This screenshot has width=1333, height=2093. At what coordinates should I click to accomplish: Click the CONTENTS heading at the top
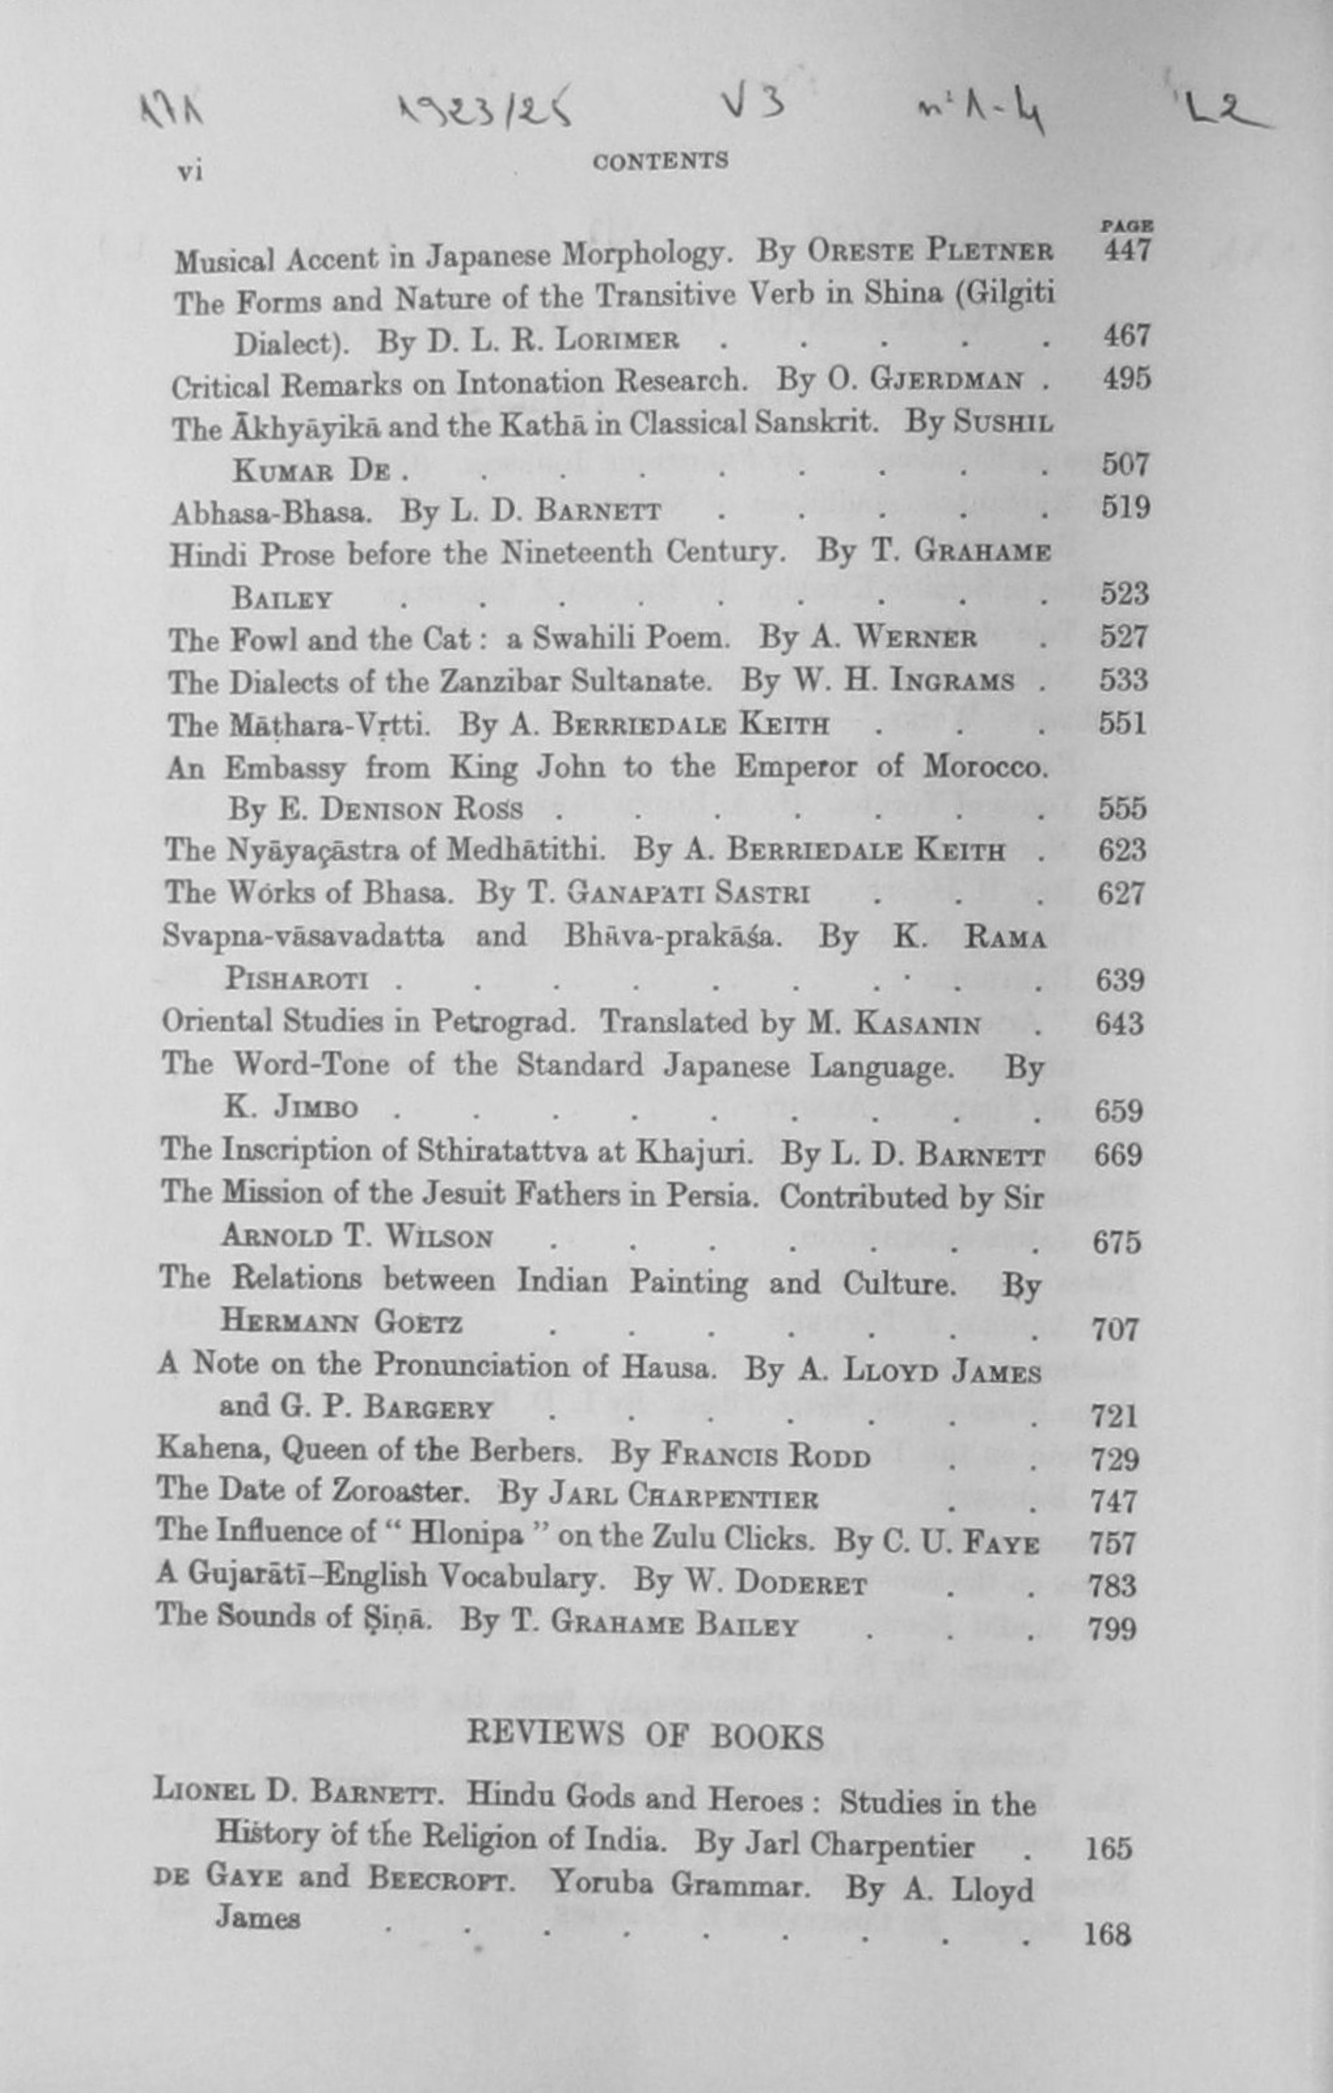click(660, 161)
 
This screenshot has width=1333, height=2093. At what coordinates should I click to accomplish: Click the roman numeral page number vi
click(190, 171)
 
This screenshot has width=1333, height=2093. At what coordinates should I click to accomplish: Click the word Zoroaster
click(399, 1491)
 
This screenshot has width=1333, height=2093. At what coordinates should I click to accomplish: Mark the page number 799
click(1112, 1628)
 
